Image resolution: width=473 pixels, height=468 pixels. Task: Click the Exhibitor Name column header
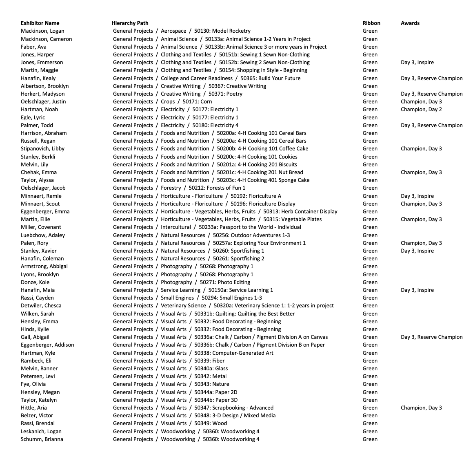click(40, 23)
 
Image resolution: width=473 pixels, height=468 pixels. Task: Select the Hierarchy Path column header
click(130, 23)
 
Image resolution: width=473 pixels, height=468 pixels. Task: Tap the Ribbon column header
click(371, 23)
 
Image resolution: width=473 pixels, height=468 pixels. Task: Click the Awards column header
click(410, 23)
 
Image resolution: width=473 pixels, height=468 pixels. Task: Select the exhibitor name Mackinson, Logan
click(42, 31)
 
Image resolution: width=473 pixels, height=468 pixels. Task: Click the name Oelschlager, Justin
click(43, 102)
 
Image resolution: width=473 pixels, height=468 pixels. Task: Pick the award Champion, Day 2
click(421, 110)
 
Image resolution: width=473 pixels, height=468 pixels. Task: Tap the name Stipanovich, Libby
click(42, 149)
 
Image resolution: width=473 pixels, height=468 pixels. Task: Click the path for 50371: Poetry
click(178, 94)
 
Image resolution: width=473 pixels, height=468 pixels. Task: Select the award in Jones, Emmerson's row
click(417, 63)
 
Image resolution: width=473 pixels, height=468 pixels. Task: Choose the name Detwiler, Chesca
click(41, 306)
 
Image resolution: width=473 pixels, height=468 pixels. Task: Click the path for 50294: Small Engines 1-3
click(187, 298)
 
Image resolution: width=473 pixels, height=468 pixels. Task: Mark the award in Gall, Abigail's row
click(431, 337)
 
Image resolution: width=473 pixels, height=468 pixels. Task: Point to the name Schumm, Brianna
click(42, 439)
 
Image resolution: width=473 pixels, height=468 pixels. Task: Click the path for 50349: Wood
click(170, 423)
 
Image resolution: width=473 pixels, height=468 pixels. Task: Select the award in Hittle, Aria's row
click(421, 408)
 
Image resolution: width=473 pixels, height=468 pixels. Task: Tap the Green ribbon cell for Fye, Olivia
click(370, 384)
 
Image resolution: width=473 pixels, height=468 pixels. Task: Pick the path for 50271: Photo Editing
click(182, 282)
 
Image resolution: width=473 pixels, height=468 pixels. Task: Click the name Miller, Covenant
click(41, 227)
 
